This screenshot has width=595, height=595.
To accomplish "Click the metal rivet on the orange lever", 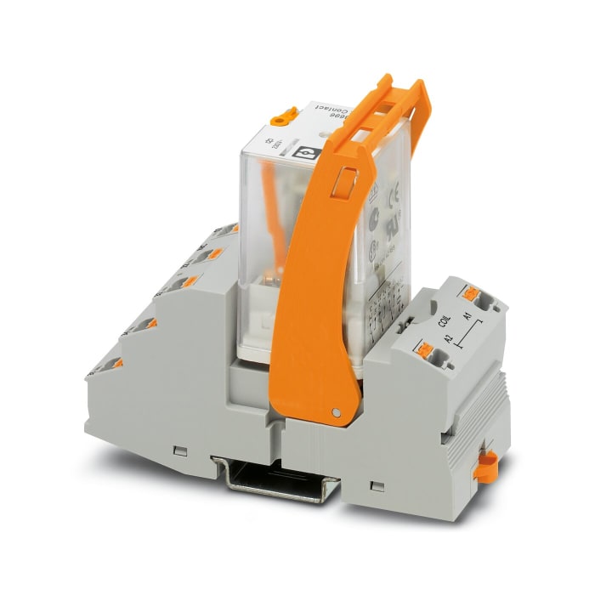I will coord(337,413).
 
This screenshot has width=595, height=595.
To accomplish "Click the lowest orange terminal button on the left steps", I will coord(112,365).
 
